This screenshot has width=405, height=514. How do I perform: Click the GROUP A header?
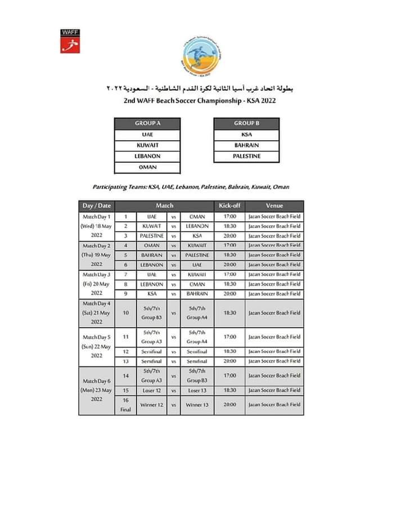[x=147, y=123]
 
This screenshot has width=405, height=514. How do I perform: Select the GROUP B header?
[x=246, y=123]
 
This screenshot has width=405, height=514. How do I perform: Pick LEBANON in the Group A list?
[x=147, y=156]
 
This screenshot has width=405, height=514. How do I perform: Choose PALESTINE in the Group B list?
[x=246, y=156]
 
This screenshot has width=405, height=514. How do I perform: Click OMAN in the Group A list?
[x=147, y=167]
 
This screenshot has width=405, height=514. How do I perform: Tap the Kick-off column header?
[x=229, y=206]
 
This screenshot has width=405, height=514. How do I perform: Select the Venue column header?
[x=274, y=206]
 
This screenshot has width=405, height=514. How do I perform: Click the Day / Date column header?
[x=97, y=206]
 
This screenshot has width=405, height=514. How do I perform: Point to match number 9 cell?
[x=126, y=293]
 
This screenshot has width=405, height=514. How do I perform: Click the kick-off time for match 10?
[x=229, y=312]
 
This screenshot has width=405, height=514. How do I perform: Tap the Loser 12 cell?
[x=152, y=390]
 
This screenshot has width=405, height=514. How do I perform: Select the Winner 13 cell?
[x=197, y=405]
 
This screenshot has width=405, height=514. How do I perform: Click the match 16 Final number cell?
[x=126, y=405]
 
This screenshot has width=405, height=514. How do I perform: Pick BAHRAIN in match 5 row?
[x=152, y=255]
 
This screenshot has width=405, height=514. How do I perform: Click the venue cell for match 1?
[x=274, y=217]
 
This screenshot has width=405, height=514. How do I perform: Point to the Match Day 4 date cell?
[x=97, y=312]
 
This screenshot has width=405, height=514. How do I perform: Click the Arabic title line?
[x=200, y=90]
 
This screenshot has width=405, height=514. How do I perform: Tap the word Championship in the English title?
[x=214, y=101]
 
